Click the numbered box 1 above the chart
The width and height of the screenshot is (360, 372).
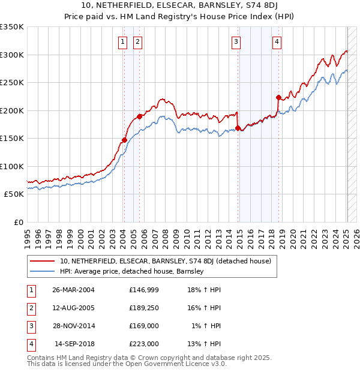click(x=122, y=41)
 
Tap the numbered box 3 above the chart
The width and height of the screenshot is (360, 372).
click(x=236, y=41)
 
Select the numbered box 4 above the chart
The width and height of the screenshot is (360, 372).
click(x=277, y=41)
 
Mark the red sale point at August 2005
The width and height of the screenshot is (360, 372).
click(x=139, y=116)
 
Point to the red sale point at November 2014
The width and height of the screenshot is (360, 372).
click(x=238, y=128)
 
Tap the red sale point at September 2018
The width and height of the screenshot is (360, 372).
click(x=278, y=97)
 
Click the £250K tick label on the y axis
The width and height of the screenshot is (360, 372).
click(x=11, y=83)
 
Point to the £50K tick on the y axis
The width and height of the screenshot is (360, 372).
click(x=14, y=194)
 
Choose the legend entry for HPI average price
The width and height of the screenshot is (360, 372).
click(x=132, y=271)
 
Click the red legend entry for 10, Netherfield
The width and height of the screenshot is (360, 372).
click(x=166, y=261)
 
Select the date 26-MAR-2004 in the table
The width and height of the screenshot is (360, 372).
click(x=74, y=290)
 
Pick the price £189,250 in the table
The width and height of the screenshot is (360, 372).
click(x=143, y=308)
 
